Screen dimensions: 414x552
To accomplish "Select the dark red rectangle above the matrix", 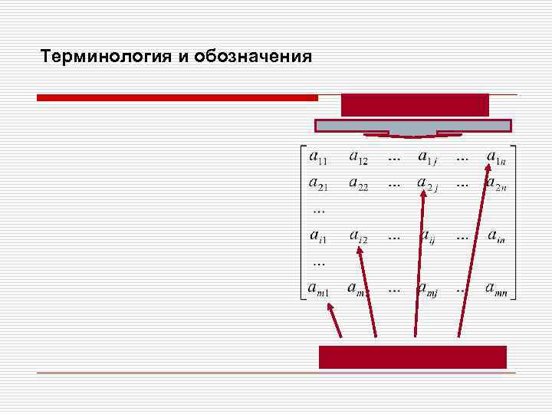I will [414, 104].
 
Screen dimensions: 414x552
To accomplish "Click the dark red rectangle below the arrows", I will [412, 356].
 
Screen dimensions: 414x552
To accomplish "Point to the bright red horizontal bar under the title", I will [177, 98].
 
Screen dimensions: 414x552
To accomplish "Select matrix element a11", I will [318, 158].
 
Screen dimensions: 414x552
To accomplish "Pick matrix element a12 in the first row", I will [358, 158].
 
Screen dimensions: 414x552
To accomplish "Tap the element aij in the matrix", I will [426, 238].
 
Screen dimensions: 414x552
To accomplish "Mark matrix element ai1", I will [318, 238].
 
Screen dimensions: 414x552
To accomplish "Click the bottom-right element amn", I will [501, 289].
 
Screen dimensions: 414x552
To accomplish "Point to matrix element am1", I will [318, 289].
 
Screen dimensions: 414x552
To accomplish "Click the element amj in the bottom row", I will [427, 289].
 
